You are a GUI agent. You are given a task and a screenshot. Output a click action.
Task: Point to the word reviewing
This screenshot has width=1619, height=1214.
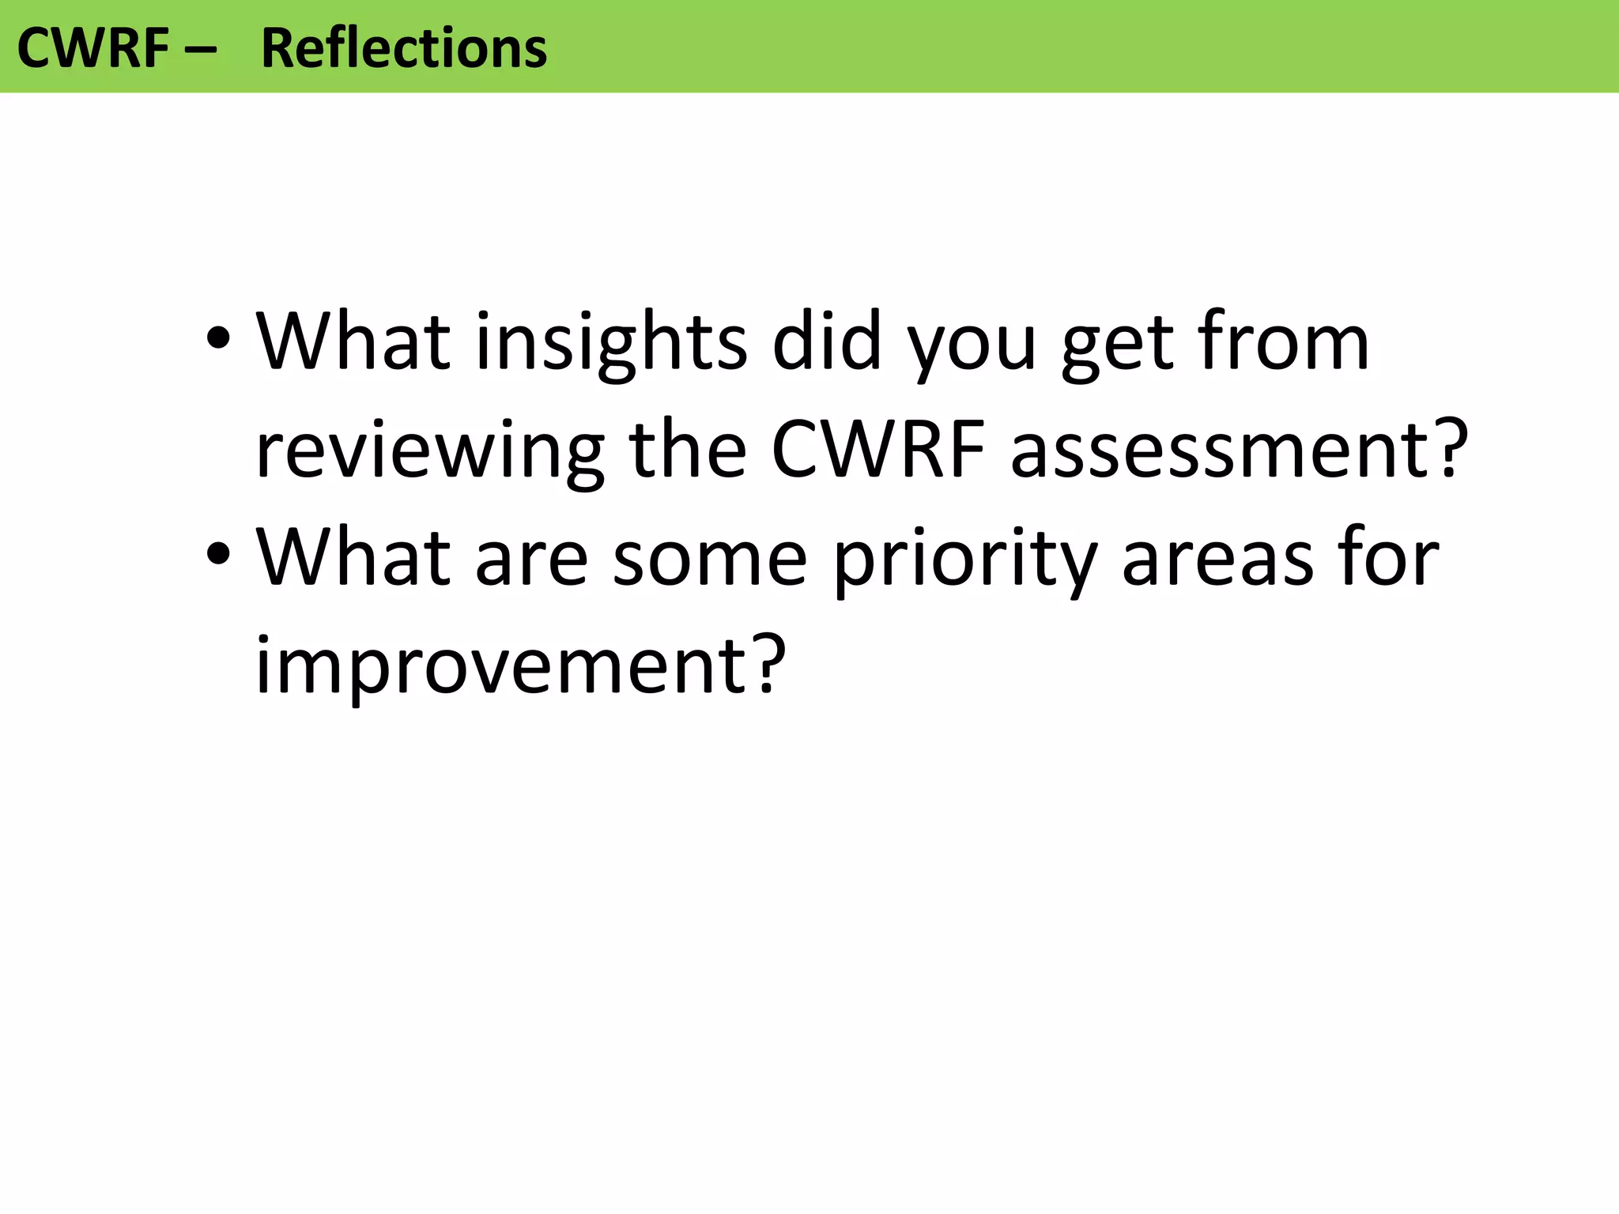click(x=429, y=451)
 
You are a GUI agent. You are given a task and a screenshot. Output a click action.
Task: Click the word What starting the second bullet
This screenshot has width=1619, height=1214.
click(x=353, y=558)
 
